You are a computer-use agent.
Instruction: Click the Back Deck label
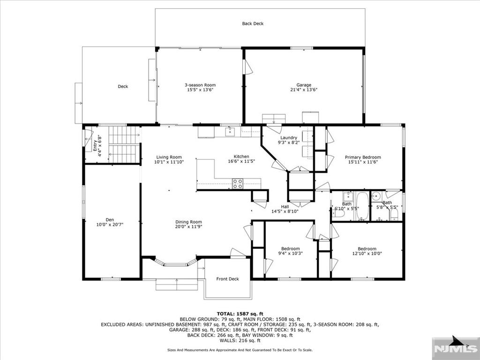[253, 23]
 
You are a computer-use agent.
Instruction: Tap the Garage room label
[304, 85]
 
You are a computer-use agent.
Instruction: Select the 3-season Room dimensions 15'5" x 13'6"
[200, 90]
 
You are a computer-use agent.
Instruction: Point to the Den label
[110, 220]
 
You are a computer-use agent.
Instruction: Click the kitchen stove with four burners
[238, 184]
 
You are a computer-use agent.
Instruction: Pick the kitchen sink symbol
[230, 132]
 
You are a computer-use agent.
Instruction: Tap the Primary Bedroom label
[363, 157]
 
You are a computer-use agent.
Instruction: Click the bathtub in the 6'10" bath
[362, 206]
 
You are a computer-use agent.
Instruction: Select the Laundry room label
[288, 138]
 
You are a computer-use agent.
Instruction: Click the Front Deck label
[227, 279]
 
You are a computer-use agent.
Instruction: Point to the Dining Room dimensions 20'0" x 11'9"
[188, 227]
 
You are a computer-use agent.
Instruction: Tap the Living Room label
[169, 157]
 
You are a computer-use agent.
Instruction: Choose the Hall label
[285, 207]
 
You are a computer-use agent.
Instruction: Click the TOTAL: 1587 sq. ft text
[240, 314]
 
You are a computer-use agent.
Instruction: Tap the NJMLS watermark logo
[456, 348]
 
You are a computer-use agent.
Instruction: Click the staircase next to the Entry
[124, 144]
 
